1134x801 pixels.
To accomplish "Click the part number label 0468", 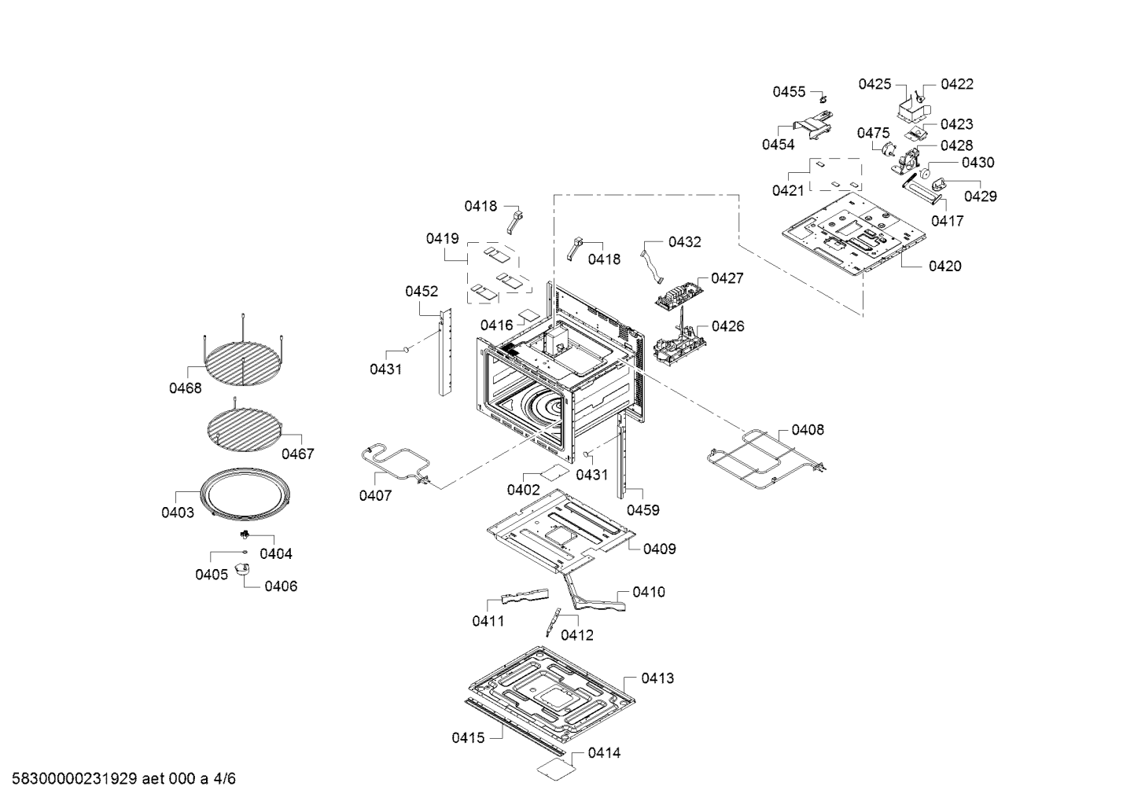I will tap(185, 388).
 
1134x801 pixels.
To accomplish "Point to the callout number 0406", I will tap(281, 586).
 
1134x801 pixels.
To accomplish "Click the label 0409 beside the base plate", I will tap(659, 549).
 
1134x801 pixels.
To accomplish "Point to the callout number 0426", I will tap(727, 326).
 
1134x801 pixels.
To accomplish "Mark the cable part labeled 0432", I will tap(652, 264).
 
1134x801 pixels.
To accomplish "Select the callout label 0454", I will tap(778, 145).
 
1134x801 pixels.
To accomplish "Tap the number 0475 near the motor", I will tap(873, 133).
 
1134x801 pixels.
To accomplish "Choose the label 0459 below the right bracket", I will tap(642, 510).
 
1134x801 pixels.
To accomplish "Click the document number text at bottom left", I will tap(119, 779).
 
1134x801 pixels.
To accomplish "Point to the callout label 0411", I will tap(488, 621).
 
